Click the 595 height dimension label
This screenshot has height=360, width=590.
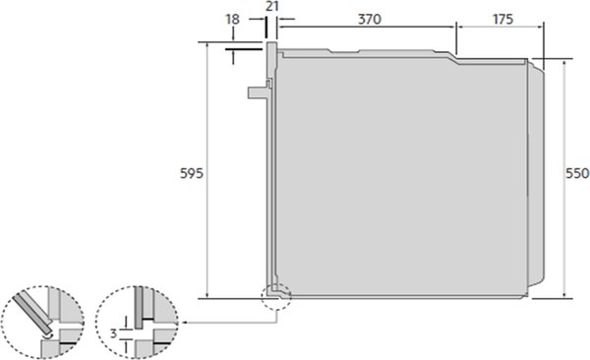click(192, 173)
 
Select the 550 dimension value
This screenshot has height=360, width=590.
click(577, 173)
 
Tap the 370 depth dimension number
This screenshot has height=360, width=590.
click(369, 19)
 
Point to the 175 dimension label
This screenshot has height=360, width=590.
click(502, 19)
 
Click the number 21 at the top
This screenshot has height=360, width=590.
click(271, 7)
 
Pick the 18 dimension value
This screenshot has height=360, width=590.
click(232, 20)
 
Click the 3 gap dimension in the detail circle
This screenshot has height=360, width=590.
click(114, 333)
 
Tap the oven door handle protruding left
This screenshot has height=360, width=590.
click(259, 92)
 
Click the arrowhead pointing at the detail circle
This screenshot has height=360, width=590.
click(185, 323)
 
